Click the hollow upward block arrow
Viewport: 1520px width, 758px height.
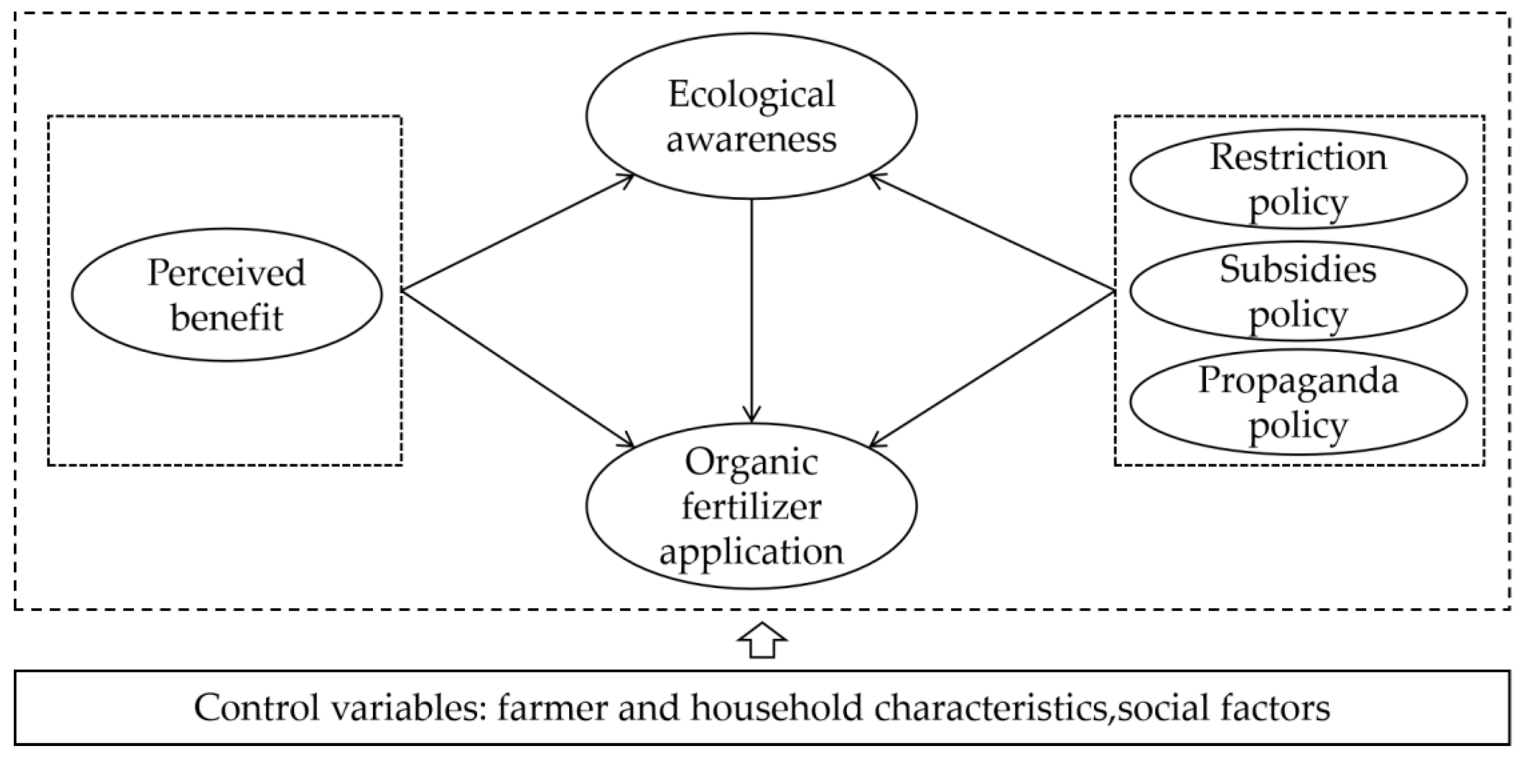762,640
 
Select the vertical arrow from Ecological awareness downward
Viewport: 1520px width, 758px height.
751,313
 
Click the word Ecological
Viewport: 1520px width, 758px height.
751,94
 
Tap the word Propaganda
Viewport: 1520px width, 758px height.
1298,380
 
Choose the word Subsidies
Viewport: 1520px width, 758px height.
1298,270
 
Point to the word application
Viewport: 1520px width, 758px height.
751,551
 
